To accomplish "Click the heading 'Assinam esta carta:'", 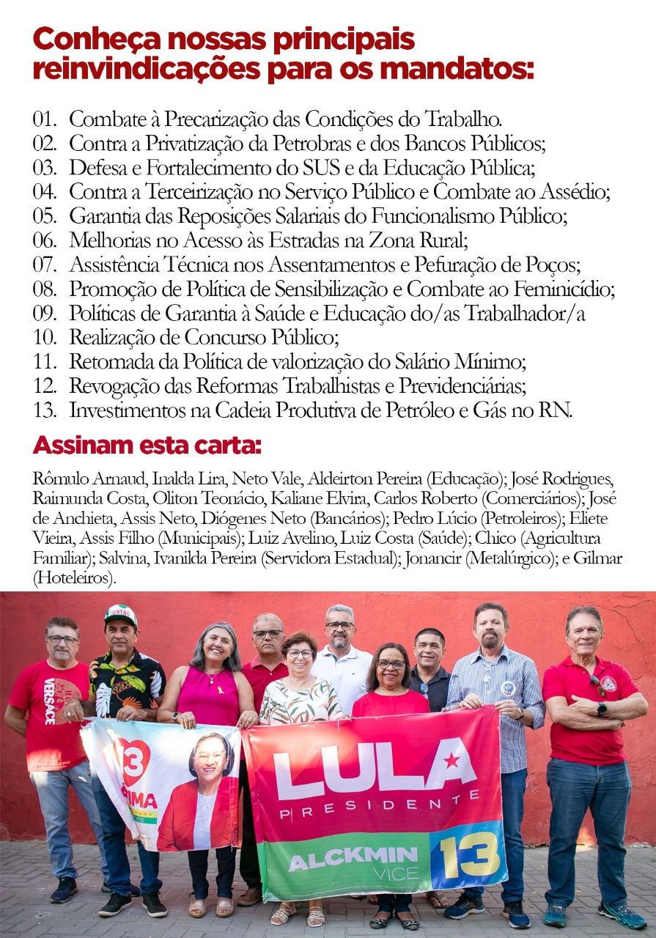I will (147, 445).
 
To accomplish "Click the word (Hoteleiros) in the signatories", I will (75, 578).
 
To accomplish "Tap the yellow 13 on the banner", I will (469, 854).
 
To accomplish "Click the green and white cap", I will (121, 614).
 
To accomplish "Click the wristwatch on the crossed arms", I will (601, 709).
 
